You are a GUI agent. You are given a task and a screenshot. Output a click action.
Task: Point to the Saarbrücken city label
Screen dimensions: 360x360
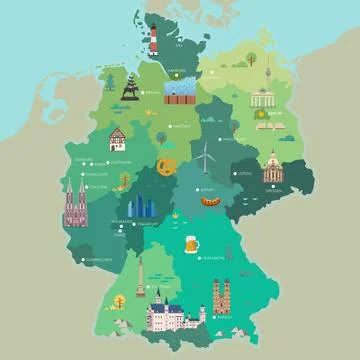(98, 258)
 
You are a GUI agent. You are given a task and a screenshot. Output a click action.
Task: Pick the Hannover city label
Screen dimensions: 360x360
(181, 127)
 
